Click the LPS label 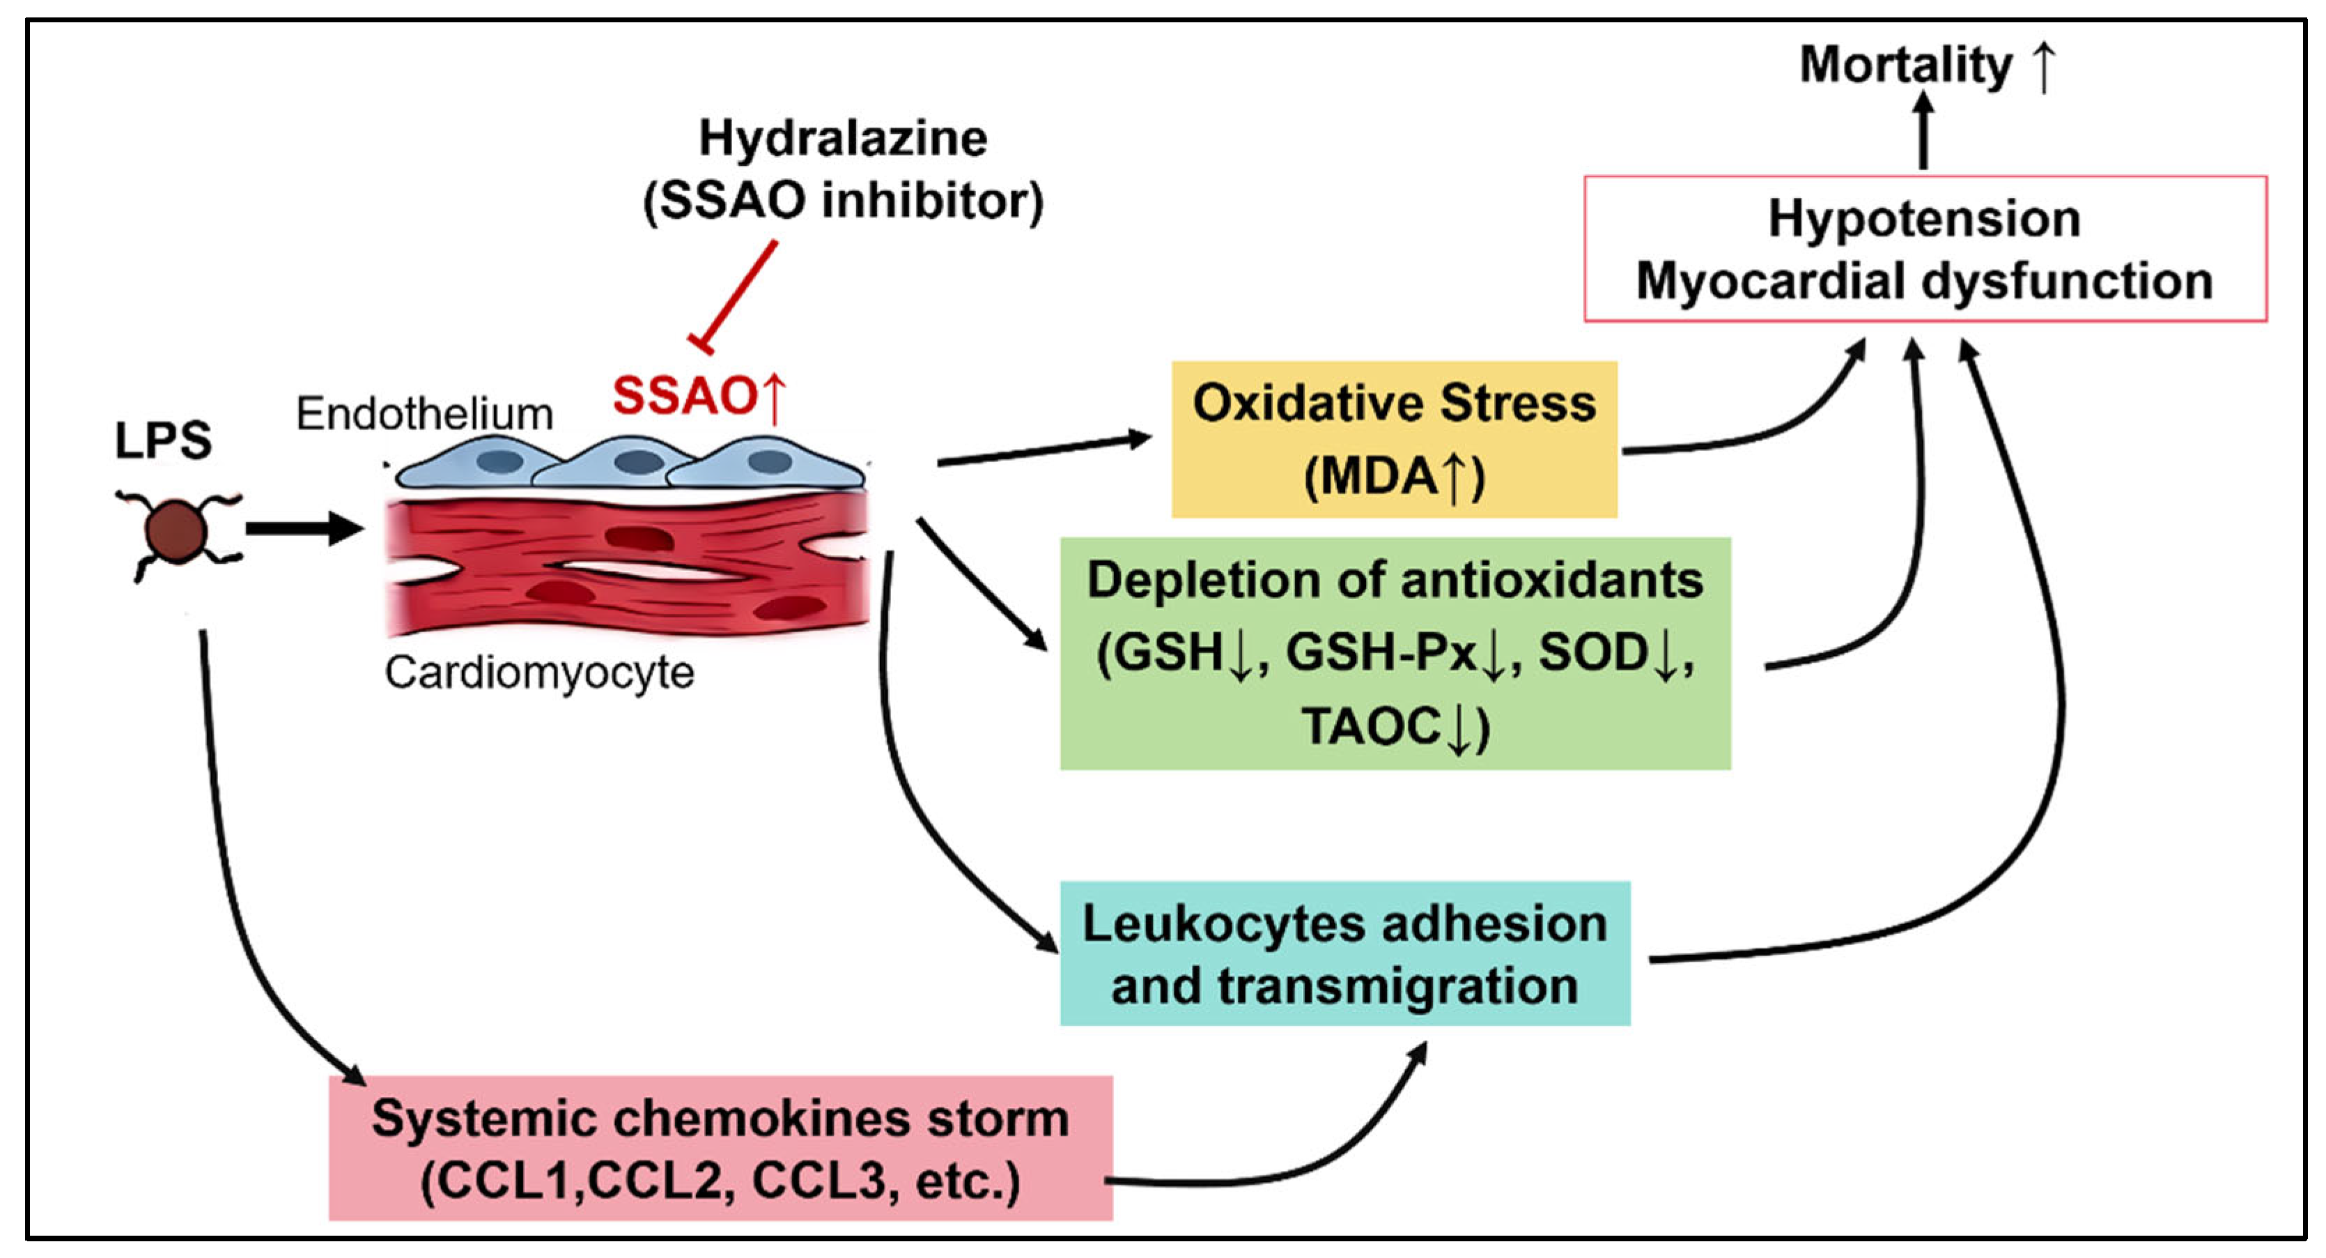coord(162,440)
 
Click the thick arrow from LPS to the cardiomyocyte coord(302,528)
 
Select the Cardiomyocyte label coord(539,673)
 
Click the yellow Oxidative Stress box coord(1393,439)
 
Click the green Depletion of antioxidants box coord(1394,653)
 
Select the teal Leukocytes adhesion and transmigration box coord(1344,953)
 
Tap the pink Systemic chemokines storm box coord(720,1148)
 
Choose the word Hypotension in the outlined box coord(1924,219)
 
